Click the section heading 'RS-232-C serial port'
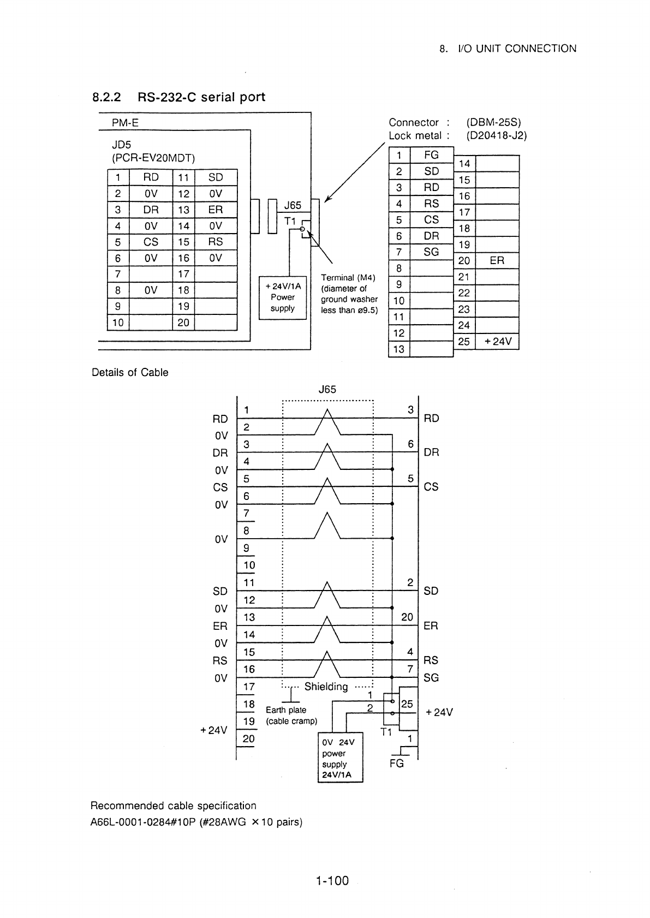[x=201, y=97]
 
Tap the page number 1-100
[x=332, y=880]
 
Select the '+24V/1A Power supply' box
[x=283, y=297]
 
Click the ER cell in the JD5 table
[x=216, y=210]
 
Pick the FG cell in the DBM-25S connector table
[x=432, y=155]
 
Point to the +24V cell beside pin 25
[x=497, y=341]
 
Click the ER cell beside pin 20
[x=497, y=261]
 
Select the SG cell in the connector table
[x=432, y=252]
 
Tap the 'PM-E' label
[x=125, y=123]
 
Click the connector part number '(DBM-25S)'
[x=493, y=122]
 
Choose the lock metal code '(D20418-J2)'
[x=496, y=135]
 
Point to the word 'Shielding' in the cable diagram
[x=326, y=687]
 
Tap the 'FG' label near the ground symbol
[x=397, y=763]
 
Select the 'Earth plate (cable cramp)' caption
[x=291, y=716]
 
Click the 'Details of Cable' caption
[x=130, y=372]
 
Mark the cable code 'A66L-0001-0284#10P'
[x=143, y=822]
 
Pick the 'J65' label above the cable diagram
[x=327, y=389]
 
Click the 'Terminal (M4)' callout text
[x=348, y=277]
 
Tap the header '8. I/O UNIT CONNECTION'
[x=508, y=49]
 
